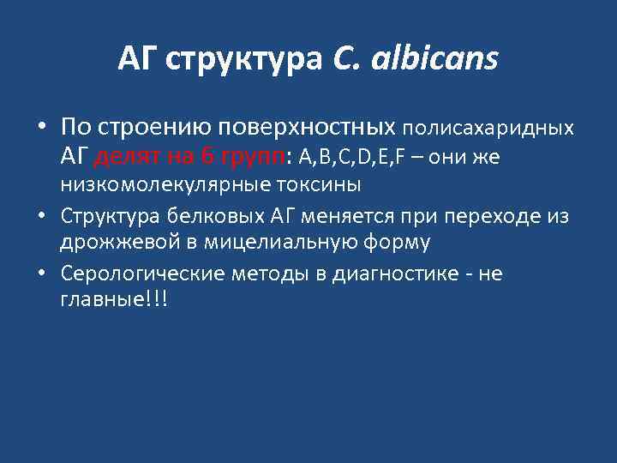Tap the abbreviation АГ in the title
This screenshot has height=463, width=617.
(138, 61)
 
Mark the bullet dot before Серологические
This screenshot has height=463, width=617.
(41, 274)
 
